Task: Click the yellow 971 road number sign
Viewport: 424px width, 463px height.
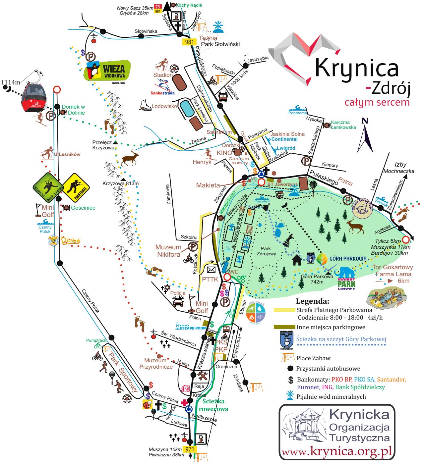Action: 190,449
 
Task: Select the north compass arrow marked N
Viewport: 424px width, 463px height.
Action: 365,134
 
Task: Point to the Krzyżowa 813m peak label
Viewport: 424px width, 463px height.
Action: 120,183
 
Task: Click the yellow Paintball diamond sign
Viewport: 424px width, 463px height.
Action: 76,186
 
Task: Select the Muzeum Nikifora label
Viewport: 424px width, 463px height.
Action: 169,251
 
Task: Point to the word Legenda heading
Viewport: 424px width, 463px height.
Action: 312,301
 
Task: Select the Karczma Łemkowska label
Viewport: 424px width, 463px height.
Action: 343,125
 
